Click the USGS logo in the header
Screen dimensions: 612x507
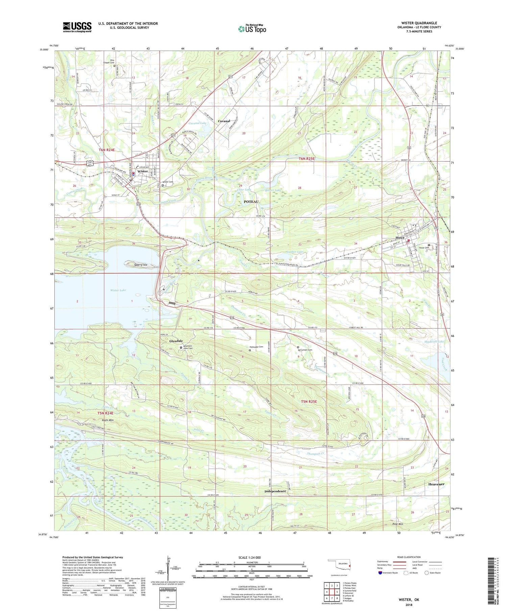(x=77, y=27)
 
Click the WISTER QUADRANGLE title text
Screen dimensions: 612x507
(x=419, y=23)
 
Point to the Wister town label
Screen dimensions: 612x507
(x=143, y=171)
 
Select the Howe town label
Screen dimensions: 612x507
(x=400, y=238)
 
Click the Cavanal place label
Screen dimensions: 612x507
(x=224, y=121)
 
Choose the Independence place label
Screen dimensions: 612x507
(x=275, y=491)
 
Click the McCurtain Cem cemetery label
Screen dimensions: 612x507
(x=306, y=350)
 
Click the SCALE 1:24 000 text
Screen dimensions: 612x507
(x=250, y=557)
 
